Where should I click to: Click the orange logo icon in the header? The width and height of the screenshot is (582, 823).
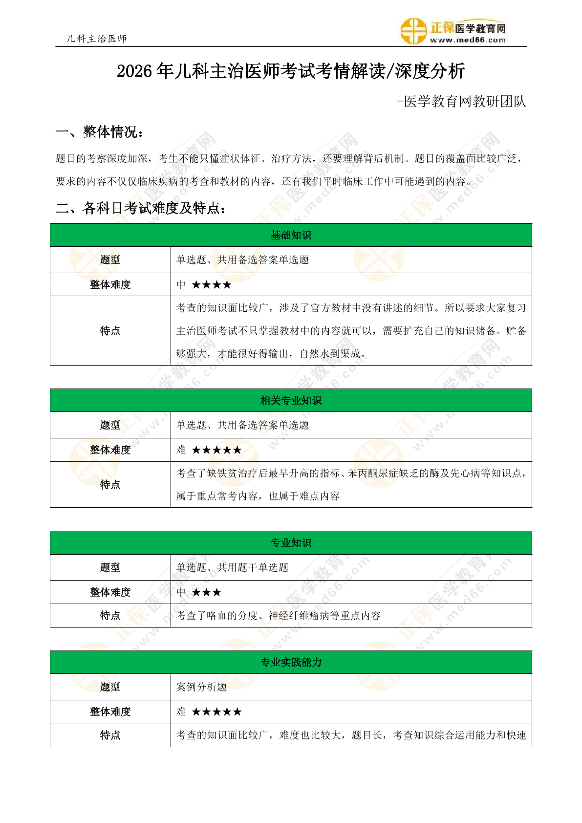[413, 31]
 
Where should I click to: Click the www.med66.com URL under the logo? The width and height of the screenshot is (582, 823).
[468, 41]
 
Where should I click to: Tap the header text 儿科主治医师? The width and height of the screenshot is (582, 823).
[97, 39]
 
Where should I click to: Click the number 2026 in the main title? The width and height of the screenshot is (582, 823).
[134, 71]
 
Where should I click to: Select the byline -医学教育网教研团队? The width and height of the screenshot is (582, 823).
[461, 101]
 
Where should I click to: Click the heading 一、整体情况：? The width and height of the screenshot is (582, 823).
[100, 132]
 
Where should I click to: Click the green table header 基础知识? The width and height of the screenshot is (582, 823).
[291, 235]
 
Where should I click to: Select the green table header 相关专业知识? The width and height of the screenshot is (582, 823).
[291, 400]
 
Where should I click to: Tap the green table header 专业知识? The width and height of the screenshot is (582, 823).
[291, 542]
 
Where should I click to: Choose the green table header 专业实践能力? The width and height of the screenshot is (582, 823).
[291, 662]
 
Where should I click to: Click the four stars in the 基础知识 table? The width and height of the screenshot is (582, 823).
[212, 284]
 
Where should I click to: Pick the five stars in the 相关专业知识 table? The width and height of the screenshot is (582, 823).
[216, 450]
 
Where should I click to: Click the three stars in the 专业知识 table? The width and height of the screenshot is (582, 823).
[206, 592]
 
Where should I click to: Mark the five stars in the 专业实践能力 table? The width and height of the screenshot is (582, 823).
[216, 712]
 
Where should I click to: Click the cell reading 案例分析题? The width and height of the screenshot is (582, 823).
[201, 687]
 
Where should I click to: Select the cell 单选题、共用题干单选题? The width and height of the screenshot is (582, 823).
[232, 567]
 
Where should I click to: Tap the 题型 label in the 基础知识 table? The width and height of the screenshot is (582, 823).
[110, 260]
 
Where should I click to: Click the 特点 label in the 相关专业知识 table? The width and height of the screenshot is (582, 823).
[110, 484]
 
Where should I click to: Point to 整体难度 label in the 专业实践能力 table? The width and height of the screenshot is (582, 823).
[110, 712]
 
